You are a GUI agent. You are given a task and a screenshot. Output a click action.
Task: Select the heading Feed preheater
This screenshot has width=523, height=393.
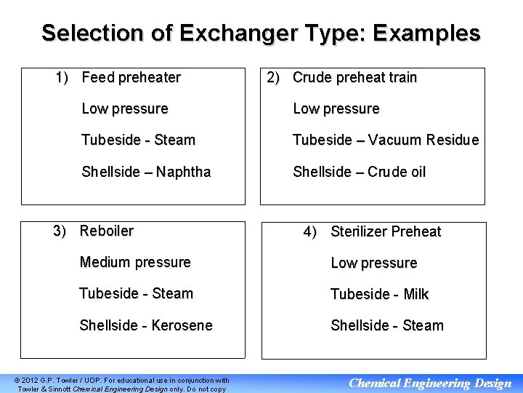click(131, 77)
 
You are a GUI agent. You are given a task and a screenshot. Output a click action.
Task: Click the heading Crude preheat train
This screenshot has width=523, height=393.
click(354, 77)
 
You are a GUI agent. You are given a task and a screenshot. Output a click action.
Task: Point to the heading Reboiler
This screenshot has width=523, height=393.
click(107, 231)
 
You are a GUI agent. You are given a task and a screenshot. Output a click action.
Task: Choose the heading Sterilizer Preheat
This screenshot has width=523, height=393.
click(386, 231)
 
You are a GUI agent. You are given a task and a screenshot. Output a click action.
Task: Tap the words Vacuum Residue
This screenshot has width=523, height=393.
click(423, 140)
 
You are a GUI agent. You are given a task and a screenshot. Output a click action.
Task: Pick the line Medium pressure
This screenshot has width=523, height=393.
click(135, 262)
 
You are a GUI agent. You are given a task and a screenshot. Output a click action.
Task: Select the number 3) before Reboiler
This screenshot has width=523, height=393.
click(61, 231)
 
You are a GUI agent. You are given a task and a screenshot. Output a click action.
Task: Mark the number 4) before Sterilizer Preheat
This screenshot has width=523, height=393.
click(310, 231)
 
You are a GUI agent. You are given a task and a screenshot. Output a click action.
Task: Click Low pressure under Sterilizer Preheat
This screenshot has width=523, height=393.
click(374, 263)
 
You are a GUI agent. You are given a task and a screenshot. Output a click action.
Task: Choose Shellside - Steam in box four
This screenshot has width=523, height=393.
click(386, 325)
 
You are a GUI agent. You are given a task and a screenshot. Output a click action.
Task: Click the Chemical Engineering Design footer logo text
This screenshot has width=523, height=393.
click(430, 383)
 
